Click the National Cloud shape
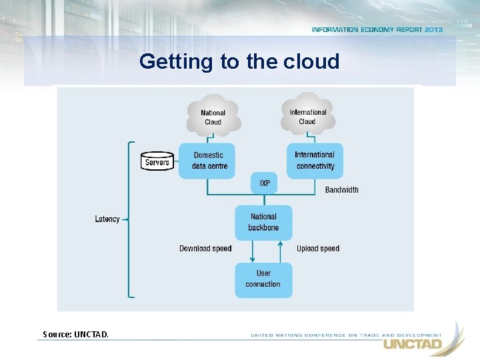tap(213, 116)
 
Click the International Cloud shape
tap(307, 115)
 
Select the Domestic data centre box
tap(207, 161)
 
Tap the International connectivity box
tap(315, 161)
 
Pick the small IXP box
tap(264, 183)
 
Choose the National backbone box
tap(263, 222)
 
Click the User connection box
tap(263, 279)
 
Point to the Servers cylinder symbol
tap(157, 162)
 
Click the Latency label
tap(107, 219)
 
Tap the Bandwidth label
tap(341, 190)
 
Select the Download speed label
tap(205, 249)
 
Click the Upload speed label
tap(318, 249)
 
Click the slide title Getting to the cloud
tap(239, 62)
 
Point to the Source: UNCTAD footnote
tap(75, 334)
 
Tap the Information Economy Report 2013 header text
tap(377, 30)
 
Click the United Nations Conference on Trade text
tap(345, 335)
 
